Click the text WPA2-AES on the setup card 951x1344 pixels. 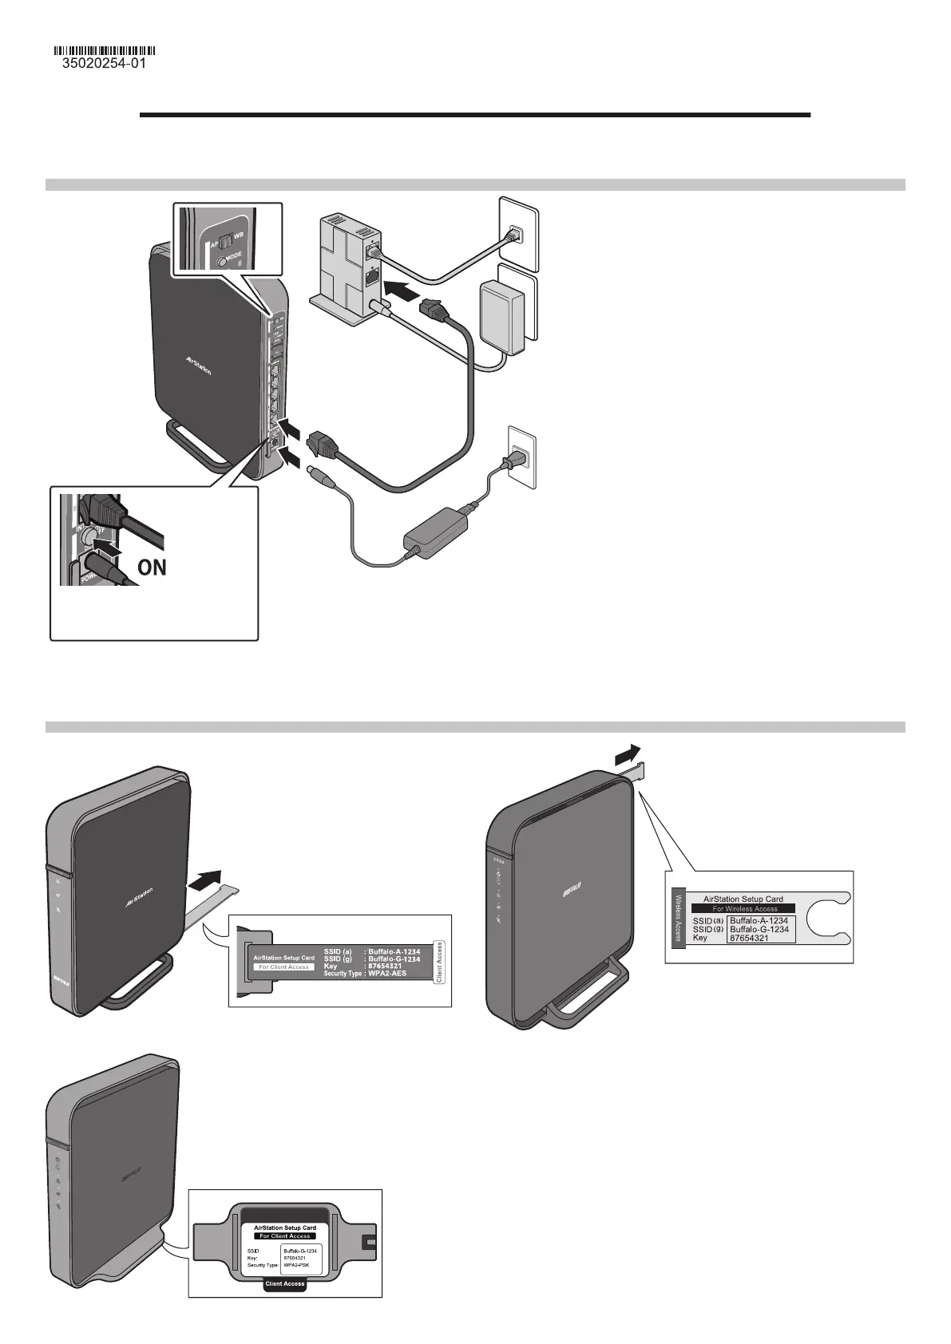[x=387, y=974]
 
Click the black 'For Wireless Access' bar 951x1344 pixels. [x=743, y=908]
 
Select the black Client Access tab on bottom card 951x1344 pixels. [x=284, y=1284]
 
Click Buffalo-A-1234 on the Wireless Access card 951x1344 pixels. [x=759, y=920]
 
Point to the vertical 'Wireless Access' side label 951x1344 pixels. [x=678, y=916]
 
